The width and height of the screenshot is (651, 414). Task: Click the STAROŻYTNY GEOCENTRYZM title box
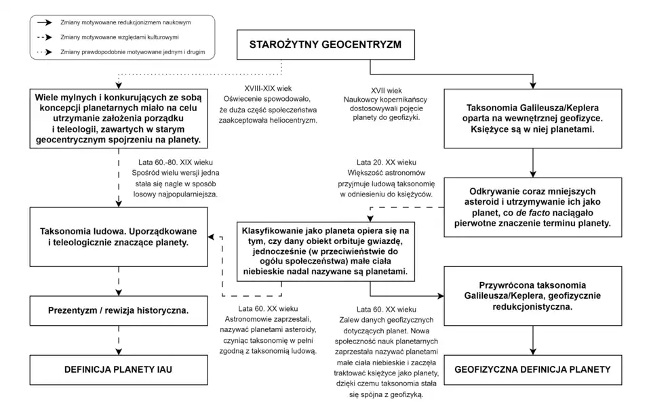(325, 46)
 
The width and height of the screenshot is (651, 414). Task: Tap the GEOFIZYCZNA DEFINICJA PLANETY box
(533, 370)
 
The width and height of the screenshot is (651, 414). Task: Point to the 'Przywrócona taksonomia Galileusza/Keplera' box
(533, 295)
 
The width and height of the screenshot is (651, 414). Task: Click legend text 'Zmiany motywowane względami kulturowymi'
(123, 37)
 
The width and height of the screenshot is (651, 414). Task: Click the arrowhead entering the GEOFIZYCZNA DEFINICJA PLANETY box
(533, 351)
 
